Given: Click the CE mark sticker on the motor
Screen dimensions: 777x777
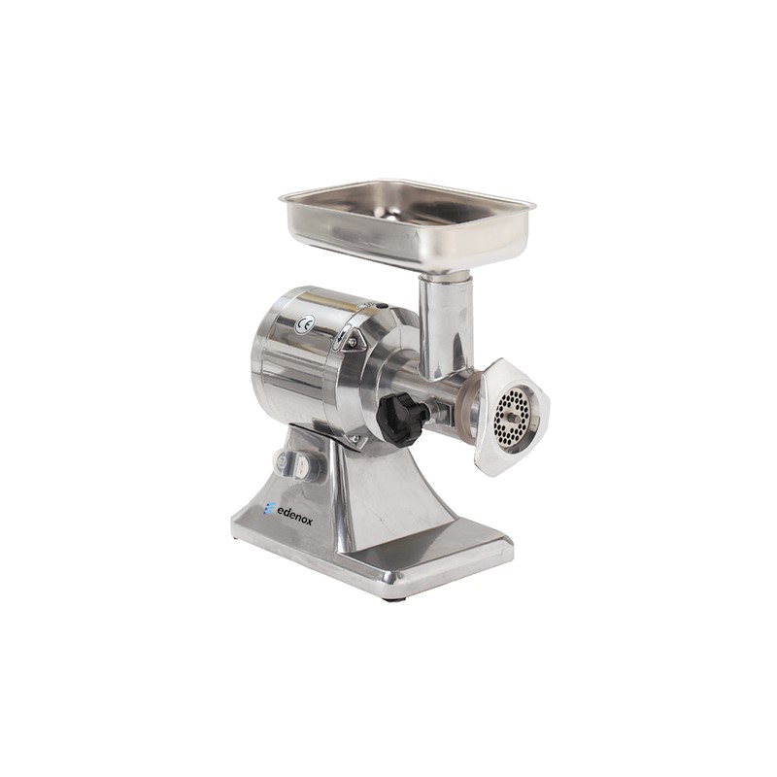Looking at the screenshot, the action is coord(304,324).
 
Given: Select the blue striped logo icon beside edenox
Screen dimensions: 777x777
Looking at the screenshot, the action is coord(269,508).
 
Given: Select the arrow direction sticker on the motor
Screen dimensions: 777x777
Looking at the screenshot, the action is coord(343,338).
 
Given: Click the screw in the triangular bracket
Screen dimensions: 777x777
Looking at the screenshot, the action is coord(353,342).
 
